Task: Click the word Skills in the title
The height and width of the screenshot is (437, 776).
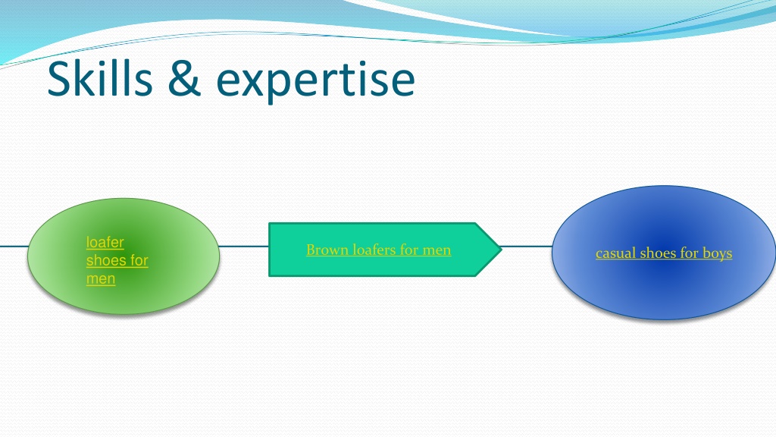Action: [x=100, y=78]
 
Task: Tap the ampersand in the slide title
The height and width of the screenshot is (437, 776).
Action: [x=185, y=78]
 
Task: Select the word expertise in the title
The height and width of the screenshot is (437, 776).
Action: [x=315, y=80]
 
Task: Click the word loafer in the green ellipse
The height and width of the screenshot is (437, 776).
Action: [x=105, y=242]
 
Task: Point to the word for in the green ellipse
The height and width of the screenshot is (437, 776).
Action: [x=139, y=260]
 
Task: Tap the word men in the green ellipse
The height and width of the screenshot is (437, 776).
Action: [x=101, y=278]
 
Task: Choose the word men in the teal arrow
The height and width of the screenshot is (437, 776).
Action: [x=436, y=250]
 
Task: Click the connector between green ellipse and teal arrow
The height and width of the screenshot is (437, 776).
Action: [x=243, y=246]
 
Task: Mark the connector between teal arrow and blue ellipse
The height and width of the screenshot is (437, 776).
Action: [x=527, y=246]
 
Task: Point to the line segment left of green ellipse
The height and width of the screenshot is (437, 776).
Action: [x=14, y=246]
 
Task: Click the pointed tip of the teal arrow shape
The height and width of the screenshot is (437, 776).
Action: [x=502, y=250]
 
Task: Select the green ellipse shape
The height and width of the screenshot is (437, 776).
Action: [x=124, y=256]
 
